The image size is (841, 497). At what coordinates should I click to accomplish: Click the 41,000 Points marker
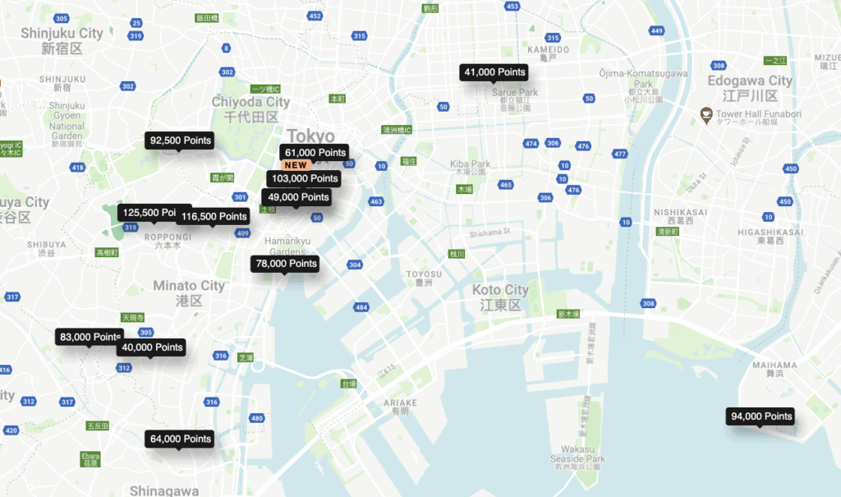494,72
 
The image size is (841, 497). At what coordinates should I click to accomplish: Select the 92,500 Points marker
180,140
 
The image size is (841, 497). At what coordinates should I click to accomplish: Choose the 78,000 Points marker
286,264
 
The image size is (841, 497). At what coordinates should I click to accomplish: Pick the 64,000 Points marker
180,439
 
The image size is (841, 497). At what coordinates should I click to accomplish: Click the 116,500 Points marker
214,216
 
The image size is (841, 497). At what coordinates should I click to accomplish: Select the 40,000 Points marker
152,347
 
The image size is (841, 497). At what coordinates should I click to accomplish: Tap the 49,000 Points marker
297,197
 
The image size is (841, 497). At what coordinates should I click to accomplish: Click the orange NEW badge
296,165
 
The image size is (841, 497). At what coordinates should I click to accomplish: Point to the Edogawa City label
750,81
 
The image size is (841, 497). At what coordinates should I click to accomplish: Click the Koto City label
500,290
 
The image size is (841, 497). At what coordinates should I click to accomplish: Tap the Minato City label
188,286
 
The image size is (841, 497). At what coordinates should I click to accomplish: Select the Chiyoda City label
250,102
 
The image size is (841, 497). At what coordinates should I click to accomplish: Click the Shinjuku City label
62,33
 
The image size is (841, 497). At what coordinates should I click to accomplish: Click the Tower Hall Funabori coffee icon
705,113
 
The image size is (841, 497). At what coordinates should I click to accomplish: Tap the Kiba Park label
470,164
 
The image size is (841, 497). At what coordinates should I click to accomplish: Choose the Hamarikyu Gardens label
287,246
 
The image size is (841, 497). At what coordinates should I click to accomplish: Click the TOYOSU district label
424,274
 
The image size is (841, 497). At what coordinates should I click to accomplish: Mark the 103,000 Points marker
304,178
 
